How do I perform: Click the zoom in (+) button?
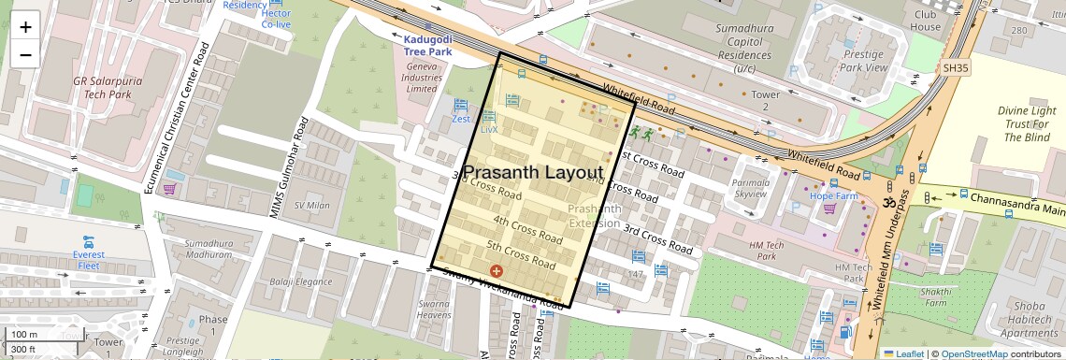click(x=25, y=26)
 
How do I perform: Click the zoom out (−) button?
click(x=25, y=54)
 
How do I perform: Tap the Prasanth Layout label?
click(x=534, y=173)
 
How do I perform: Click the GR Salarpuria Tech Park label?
click(x=108, y=87)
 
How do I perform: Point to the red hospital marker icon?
click(x=497, y=270)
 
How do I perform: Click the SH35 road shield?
click(x=957, y=68)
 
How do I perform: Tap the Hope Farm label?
click(x=833, y=196)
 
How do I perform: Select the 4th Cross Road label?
click(x=527, y=229)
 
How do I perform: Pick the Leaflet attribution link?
click(x=903, y=353)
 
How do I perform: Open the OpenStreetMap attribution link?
click(x=973, y=353)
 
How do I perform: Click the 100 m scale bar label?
click(x=24, y=334)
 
